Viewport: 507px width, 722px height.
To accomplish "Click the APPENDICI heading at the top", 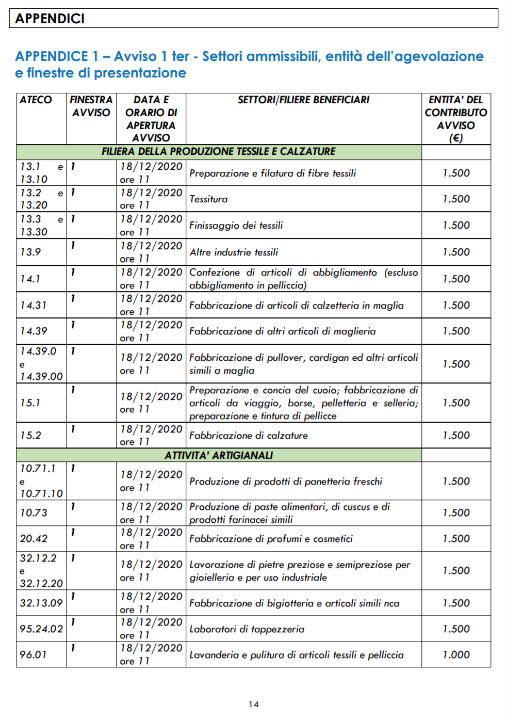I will tap(50, 19).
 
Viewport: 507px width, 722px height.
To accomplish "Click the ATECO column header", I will tap(36, 100).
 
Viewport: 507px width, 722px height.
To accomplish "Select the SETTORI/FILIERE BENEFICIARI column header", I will tap(303, 100).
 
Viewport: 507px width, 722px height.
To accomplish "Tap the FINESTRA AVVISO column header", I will tap(91, 106).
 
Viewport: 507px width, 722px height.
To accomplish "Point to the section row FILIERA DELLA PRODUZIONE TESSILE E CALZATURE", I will tap(218, 152).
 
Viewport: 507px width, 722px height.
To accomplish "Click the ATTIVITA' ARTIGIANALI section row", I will tap(218, 455).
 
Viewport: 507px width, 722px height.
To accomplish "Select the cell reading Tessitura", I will tap(208, 199).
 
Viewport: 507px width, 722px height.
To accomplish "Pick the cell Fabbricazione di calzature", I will tap(248, 436).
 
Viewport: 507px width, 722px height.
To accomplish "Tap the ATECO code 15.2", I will tap(30, 436).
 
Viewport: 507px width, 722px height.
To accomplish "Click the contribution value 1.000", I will tap(456, 655).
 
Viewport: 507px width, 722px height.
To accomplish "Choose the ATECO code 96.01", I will tap(33, 655).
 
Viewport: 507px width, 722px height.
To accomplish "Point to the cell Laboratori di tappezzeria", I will tap(247, 629).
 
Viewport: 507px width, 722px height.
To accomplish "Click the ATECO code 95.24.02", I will tap(41, 629).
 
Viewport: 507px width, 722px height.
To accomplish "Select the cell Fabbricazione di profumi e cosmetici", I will tap(271, 539).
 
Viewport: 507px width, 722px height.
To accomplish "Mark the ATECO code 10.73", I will tap(34, 513).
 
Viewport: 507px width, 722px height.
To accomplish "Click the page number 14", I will tap(253, 704).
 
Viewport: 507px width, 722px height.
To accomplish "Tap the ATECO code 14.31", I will tap(33, 306).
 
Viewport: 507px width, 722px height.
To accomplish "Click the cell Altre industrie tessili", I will tap(234, 252).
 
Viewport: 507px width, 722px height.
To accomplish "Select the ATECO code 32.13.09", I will tap(41, 603).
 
